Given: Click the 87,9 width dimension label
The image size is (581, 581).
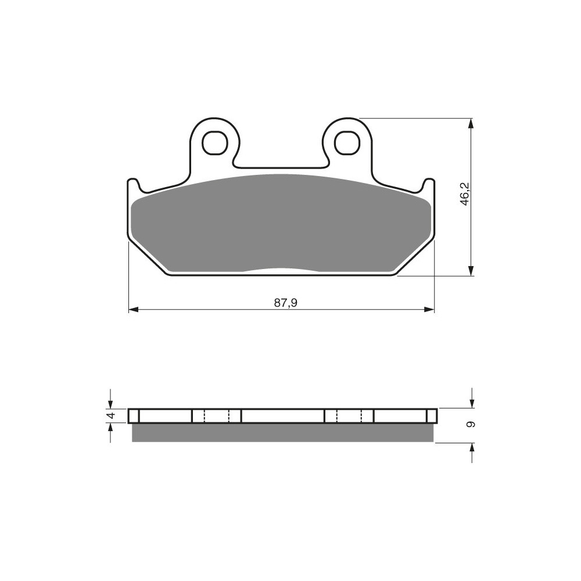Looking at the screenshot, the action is pyautogui.click(x=286, y=303).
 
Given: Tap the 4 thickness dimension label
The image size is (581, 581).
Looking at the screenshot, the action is pyautogui.click(x=110, y=416).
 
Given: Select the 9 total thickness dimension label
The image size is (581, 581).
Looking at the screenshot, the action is pyautogui.click(x=471, y=425).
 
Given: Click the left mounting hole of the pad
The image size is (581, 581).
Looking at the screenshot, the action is pyautogui.click(x=214, y=143).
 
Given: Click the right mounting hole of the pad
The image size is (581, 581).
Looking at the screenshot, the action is pyautogui.click(x=347, y=142).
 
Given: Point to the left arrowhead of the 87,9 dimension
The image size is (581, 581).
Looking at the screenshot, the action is pyautogui.click(x=134, y=310).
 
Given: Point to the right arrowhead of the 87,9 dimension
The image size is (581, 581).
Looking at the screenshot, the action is pyautogui.click(x=429, y=310).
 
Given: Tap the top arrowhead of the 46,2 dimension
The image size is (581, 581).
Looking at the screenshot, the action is pyautogui.click(x=471, y=123).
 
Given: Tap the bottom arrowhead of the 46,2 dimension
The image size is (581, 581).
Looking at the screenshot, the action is pyautogui.click(x=471, y=271).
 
